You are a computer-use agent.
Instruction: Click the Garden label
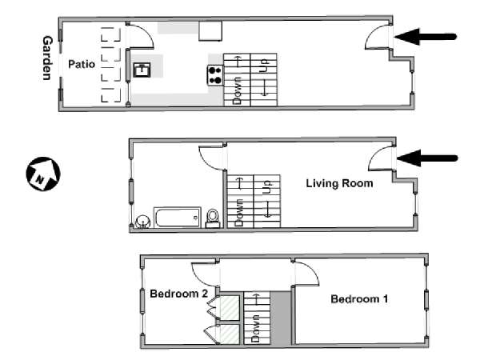click(47, 58)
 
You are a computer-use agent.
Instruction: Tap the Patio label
click(82, 64)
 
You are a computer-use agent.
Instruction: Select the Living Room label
click(339, 183)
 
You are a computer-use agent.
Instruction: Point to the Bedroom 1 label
click(359, 298)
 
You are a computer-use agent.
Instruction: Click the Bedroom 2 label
click(178, 294)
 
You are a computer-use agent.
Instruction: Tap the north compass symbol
click(43, 174)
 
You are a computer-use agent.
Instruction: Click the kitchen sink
click(142, 70)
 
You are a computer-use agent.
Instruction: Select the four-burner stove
click(215, 75)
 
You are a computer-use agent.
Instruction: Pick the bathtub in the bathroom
click(178, 218)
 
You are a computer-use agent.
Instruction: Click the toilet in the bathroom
click(213, 218)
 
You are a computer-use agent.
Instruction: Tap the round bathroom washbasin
click(142, 222)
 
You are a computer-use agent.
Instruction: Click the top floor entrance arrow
click(426, 37)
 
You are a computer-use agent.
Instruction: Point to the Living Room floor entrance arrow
click(427, 158)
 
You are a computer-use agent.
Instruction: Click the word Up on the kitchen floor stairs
click(264, 66)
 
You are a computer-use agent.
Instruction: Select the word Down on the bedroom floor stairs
click(256, 329)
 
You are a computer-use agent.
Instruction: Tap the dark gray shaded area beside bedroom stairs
click(281, 318)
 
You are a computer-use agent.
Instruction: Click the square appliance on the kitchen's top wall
click(210, 31)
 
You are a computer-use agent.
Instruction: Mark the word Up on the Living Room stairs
click(267, 187)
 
